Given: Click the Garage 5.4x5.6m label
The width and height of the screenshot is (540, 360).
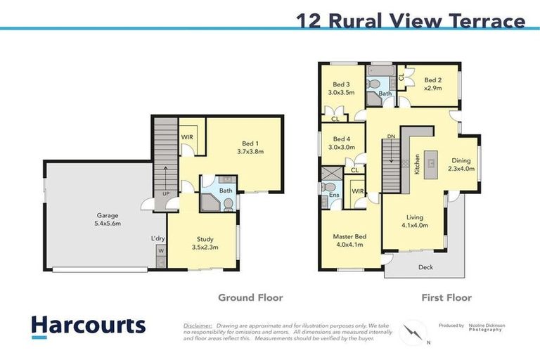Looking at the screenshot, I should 108,219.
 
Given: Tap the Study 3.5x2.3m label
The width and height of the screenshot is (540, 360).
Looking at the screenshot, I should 205,243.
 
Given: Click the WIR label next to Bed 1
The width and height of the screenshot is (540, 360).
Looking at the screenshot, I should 188,137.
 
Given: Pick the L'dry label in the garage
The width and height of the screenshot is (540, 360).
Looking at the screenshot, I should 157,239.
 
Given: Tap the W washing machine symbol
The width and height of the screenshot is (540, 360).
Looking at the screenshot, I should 161,250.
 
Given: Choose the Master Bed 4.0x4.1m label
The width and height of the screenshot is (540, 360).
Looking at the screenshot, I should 349,241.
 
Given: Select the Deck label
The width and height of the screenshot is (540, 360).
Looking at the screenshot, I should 426,267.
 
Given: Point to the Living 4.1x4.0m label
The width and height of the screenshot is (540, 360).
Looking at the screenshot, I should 413,221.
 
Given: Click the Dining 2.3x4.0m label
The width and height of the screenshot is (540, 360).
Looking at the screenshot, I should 462,165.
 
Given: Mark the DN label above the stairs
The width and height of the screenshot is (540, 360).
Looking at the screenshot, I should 392,136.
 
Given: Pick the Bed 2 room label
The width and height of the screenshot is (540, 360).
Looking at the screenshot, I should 432,84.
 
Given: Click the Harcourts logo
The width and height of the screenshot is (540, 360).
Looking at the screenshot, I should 88,326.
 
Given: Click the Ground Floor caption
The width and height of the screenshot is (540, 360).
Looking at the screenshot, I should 250,297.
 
